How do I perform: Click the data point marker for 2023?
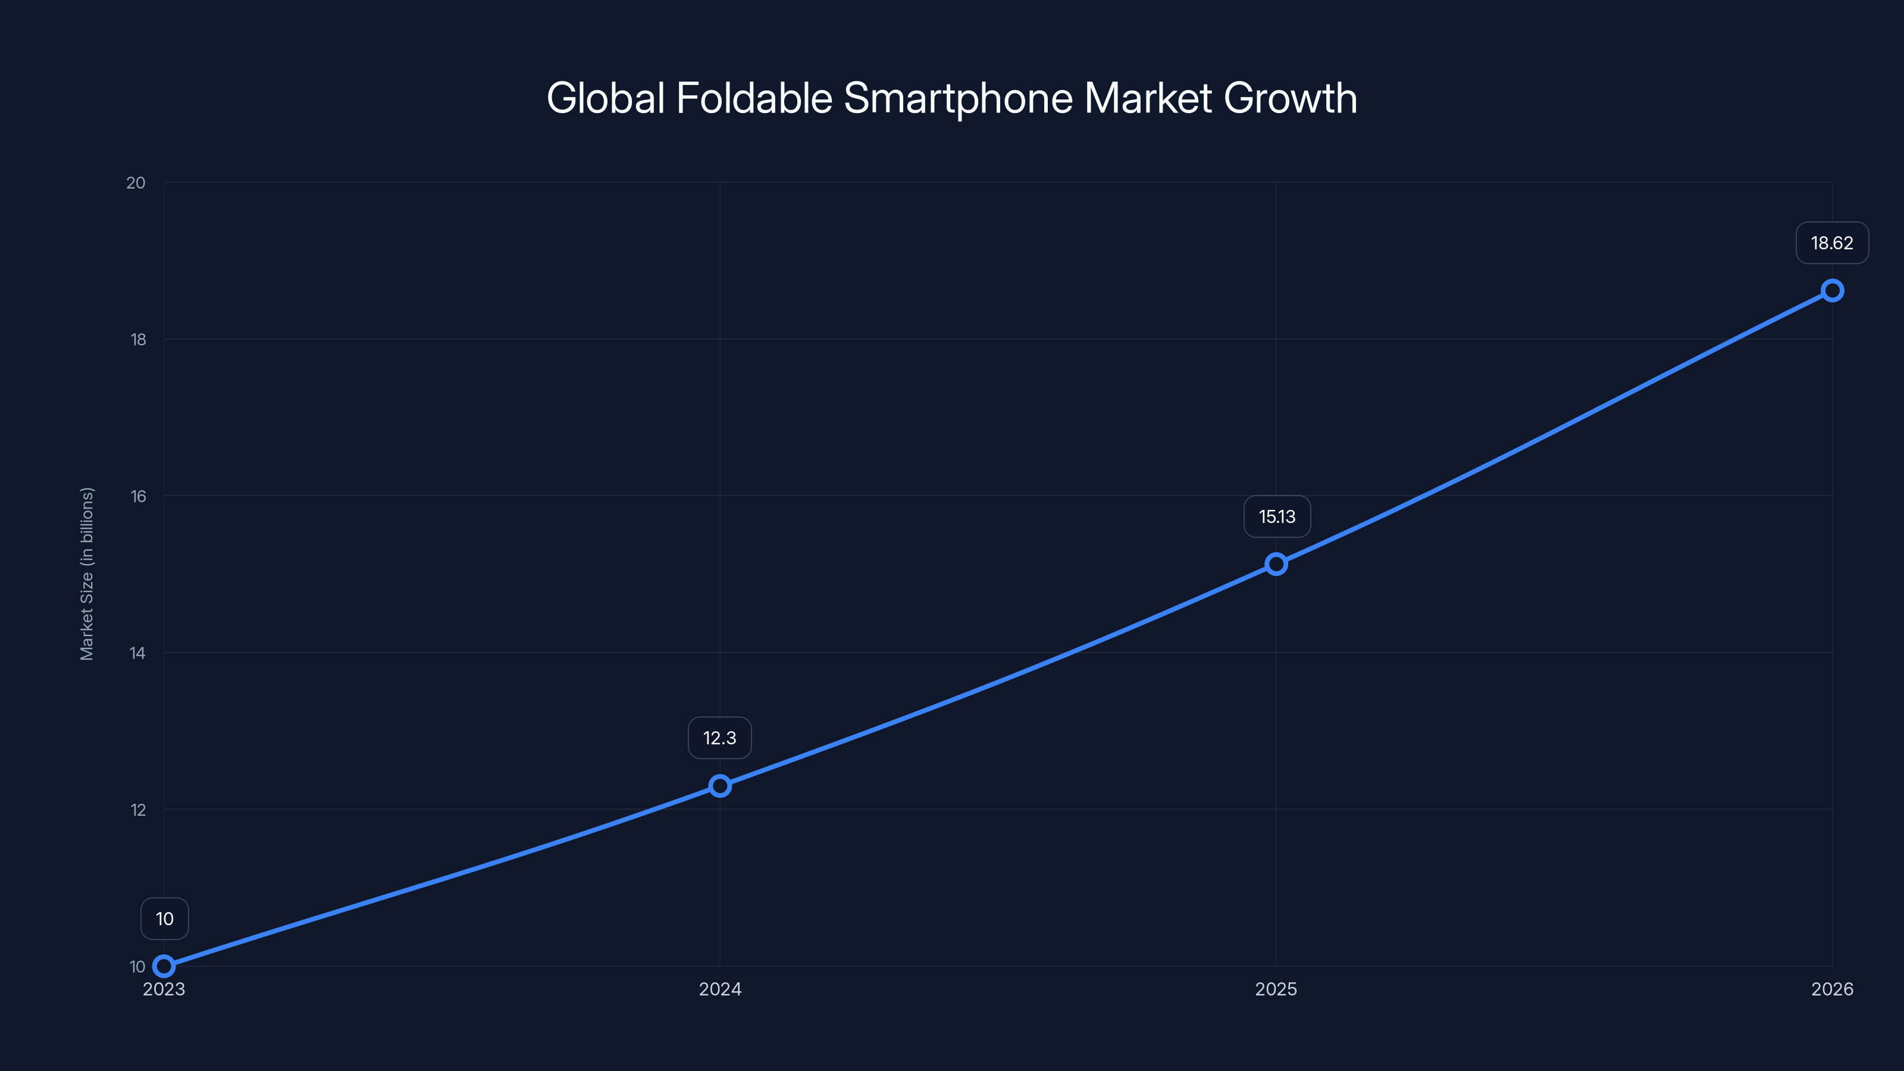[164, 966]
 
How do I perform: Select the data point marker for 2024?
[720, 785]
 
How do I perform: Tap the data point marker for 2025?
[1276, 564]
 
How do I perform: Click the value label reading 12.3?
[720, 738]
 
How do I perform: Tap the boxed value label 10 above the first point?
[165, 919]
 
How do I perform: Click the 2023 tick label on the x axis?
[164, 989]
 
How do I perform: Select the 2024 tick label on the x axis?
[720, 989]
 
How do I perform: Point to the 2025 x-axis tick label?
[1276, 989]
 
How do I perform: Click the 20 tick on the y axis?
[136, 183]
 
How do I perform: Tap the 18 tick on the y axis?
[138, 339]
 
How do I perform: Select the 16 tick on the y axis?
[138, 496]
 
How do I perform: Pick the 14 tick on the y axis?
[137, 653]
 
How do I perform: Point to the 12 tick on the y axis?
[138, 809]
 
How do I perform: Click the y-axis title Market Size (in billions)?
[87, 574]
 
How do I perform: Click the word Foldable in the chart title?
[754, 98]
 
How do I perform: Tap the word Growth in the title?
[1291, 98]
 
